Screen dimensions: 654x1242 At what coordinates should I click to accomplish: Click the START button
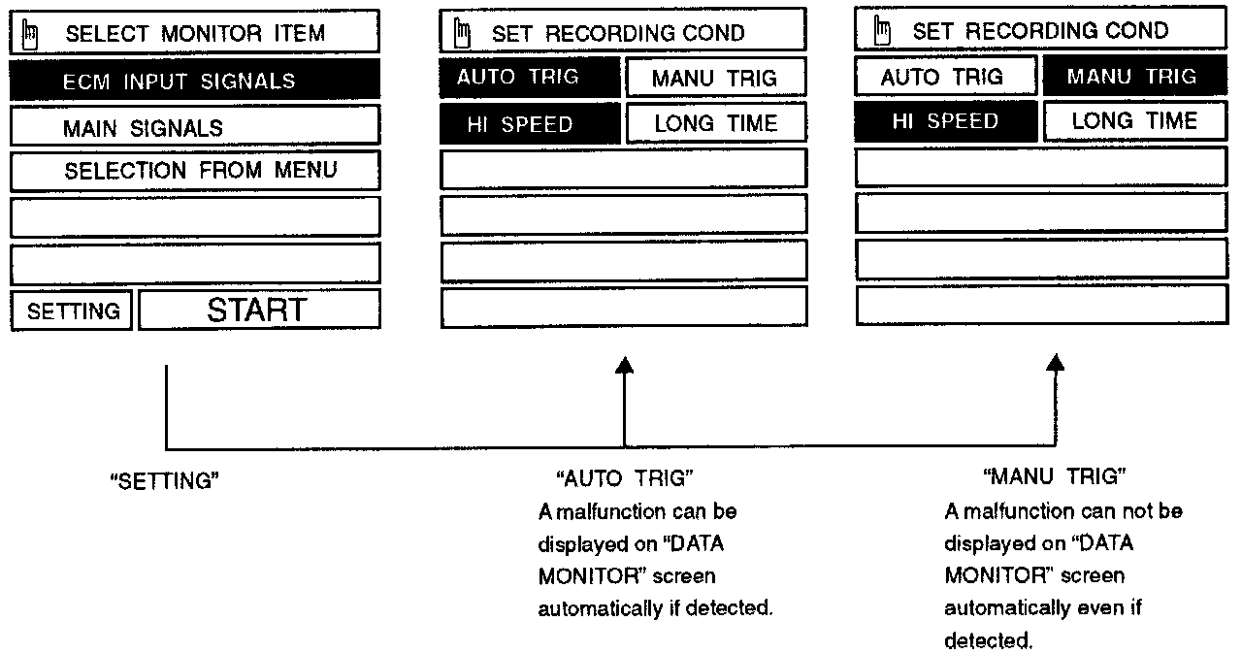coord(258,311)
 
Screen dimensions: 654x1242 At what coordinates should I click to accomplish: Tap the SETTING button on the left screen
coord(73,311)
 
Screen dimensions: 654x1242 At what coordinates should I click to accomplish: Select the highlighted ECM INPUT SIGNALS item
coord(195,82)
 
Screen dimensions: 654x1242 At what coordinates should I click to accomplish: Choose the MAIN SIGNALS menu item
coord(195,127)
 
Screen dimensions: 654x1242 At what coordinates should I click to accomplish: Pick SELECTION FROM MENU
coord(195,172)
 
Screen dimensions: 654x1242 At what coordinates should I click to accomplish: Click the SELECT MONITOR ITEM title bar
coord(195,34)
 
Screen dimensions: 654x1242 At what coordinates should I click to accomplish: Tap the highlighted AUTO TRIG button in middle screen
coord(529,77)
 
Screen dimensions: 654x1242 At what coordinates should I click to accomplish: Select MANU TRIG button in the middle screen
coord(715,78)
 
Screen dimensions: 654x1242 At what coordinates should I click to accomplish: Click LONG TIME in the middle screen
coord(715,123)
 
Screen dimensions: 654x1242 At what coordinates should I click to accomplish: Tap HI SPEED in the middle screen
coord(529,124)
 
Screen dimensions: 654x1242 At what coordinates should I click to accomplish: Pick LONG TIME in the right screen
coord(1133,121)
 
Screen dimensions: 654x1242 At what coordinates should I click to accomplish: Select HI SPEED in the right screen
coord(946,121)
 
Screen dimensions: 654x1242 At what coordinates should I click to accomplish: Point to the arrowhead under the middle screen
coord(625,364)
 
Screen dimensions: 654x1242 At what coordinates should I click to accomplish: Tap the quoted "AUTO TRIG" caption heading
coord(624,477)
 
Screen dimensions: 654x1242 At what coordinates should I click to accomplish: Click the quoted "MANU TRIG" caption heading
coord(1054,476)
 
